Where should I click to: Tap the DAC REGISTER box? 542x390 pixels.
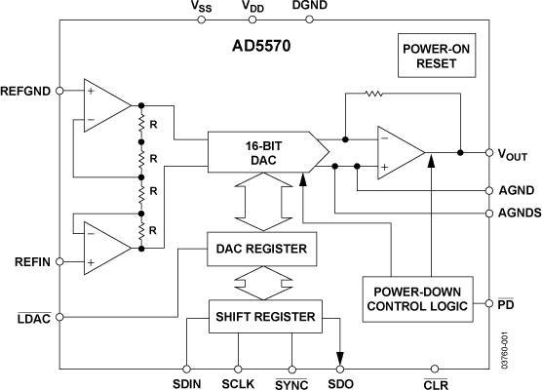coord(260,250)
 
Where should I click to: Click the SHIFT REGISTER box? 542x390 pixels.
coord(264,316)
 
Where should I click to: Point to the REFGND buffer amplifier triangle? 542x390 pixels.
coord(105,105)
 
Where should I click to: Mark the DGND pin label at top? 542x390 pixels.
coord(309,7)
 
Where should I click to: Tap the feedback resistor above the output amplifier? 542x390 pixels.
coord(371,96)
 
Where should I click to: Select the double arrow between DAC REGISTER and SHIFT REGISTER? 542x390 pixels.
coord(262,283)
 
